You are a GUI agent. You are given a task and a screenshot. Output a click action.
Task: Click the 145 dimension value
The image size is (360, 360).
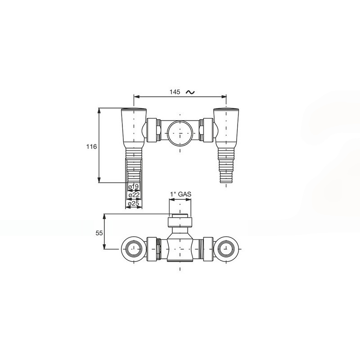tap(175, 92)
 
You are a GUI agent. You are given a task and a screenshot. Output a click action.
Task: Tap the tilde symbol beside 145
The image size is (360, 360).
tap(190, 92)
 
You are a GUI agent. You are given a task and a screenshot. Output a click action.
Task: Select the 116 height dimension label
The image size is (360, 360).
tap(92, 147)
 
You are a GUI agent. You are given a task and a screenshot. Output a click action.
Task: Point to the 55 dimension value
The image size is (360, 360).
tap(99, 233)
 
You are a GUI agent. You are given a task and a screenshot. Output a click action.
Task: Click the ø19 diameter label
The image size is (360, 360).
tap(134, 187)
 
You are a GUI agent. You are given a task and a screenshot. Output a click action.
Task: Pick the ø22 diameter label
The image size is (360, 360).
tap(134, 195)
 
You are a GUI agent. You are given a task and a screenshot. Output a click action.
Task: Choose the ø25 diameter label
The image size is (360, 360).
tap(134, 203)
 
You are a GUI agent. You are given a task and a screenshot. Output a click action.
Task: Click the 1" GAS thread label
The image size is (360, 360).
tap(180, 194)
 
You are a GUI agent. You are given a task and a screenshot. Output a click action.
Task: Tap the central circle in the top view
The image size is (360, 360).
tap(180, 133)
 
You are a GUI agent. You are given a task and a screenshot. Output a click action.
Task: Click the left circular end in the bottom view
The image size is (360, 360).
tap(134, 249)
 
